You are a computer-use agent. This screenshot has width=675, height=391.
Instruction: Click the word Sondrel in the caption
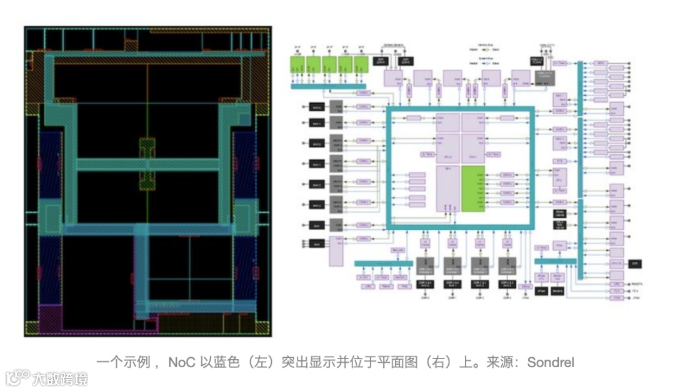tap(550, 362)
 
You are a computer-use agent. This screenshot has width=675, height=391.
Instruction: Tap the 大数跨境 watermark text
tap(61, 378)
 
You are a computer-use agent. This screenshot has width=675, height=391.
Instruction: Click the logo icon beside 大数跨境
tap(18, 377)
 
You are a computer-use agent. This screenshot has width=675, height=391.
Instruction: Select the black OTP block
tap(635, 264)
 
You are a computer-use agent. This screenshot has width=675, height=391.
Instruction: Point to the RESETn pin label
tap(636, 283)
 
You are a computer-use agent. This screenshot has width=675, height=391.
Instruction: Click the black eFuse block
tap(541, 290)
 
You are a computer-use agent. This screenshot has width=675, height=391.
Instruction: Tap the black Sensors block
tap(558, 290)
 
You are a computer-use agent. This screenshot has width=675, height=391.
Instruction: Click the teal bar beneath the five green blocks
tap(328, 86)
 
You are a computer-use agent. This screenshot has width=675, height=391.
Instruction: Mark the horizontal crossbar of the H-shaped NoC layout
tap(147, 165)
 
